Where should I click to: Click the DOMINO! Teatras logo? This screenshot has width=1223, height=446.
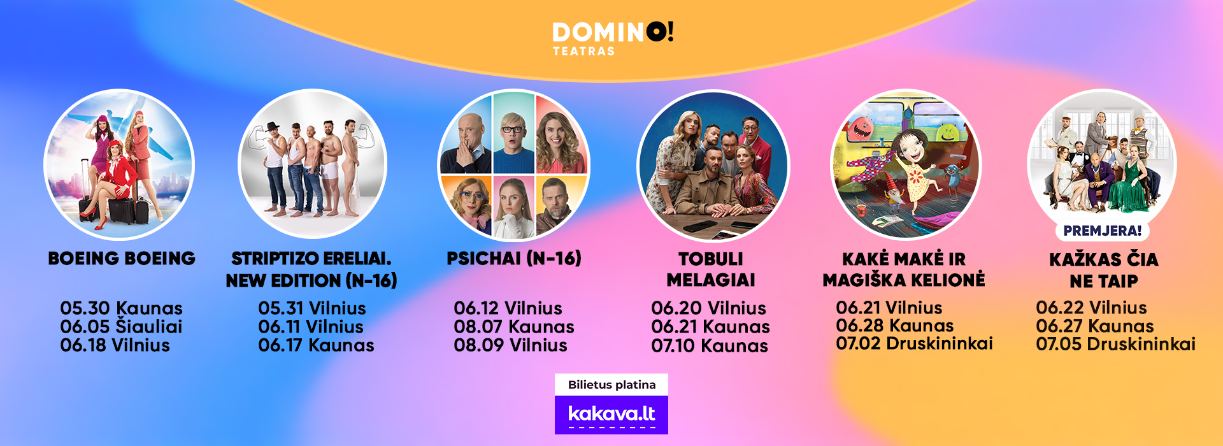click(612, 39)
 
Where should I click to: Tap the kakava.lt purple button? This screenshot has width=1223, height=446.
click(611, 415)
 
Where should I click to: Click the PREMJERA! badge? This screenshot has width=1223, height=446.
click(1103, 231)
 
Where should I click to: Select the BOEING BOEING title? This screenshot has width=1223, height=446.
click(122, 258)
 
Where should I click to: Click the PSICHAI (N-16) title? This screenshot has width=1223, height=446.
click(514, 258)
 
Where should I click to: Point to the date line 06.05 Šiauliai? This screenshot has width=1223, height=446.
click(121, 327)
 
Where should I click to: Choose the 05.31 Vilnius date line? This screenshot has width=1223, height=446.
click(312, 308)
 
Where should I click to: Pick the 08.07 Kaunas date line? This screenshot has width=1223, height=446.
click(514, 327)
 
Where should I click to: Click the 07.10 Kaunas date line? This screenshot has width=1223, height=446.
click(710, 346)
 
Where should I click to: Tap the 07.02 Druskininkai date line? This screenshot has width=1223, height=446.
click(914, 343)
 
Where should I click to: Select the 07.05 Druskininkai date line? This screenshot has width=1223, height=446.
click(1115, 344)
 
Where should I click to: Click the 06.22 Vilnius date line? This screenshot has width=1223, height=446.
click(1091, 308)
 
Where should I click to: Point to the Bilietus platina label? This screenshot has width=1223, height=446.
click(611, 385)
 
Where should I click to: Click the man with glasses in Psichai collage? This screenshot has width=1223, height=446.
click(513, 135)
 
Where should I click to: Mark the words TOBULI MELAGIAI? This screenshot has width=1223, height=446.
click(711, 270)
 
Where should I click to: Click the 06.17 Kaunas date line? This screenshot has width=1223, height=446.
click(316, 345)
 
